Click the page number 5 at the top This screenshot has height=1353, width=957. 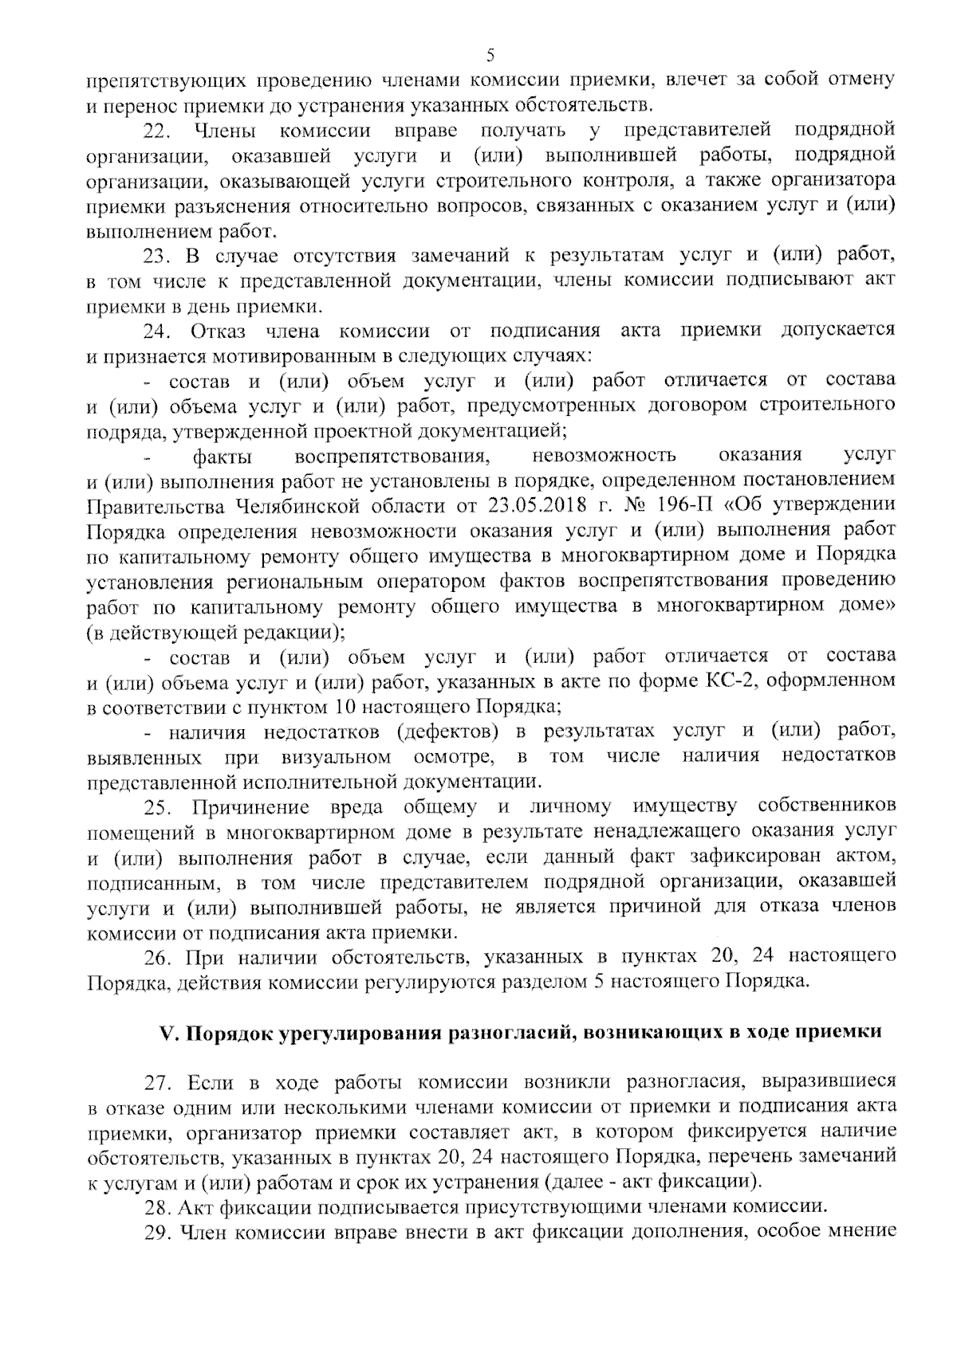click(490, 54)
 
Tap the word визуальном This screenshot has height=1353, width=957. click(337, 755)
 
